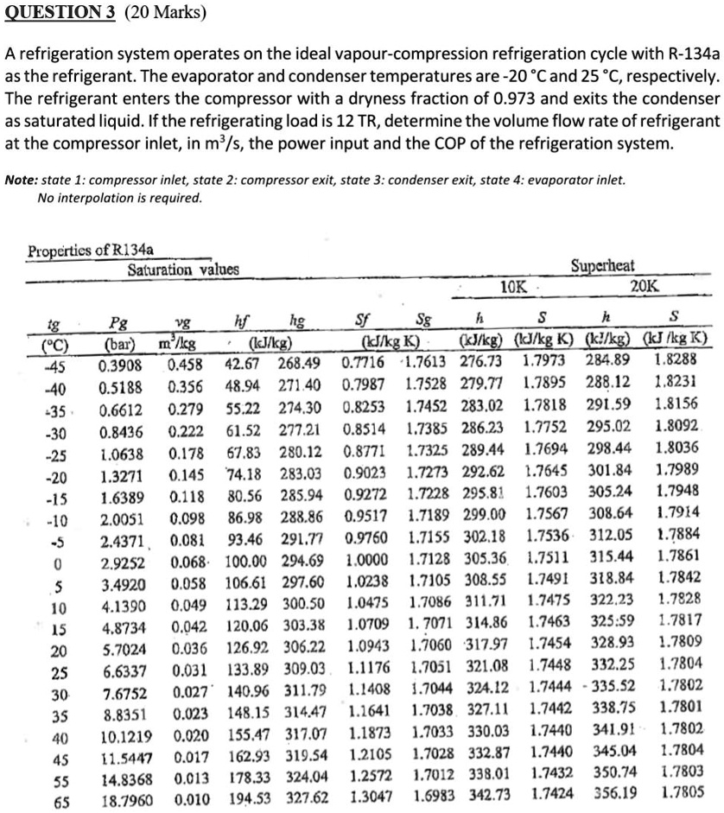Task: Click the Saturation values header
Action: click(183, 270)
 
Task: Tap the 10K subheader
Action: click(516, 288)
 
